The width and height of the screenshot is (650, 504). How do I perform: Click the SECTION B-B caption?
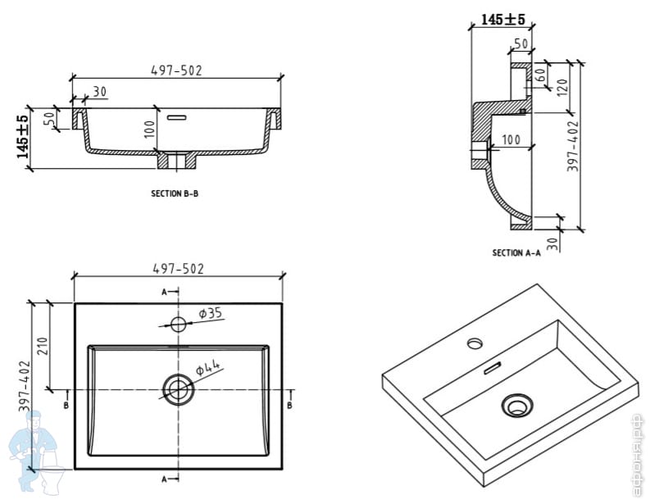[x=175, y=195]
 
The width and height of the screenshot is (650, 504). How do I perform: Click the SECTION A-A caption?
[x=516, y=253]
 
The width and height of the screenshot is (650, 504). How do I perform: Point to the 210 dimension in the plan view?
[x=43, y=346]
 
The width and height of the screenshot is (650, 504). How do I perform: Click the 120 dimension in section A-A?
[x=562, y=86]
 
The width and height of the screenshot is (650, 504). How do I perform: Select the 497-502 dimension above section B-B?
[x=176, y=70]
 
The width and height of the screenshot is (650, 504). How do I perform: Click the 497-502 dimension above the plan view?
[x=178, y=268]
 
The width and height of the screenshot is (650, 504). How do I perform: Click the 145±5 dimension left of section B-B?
[x=23, y=137]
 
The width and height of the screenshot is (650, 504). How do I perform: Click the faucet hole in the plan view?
[x=178, y=322]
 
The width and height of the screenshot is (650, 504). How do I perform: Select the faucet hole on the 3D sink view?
[x=475, y=341]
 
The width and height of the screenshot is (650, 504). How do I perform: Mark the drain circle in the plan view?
[x=177, y=389]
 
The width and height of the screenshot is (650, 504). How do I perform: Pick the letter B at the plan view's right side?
[x=291, y=405]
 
